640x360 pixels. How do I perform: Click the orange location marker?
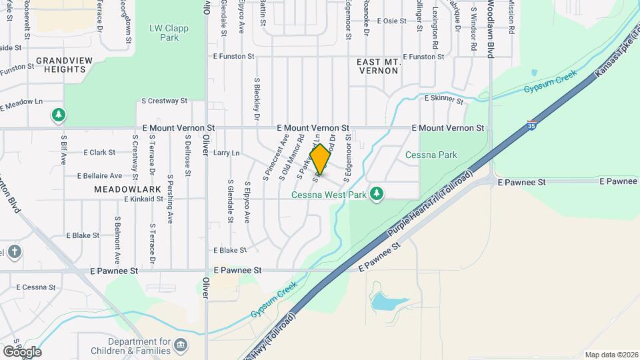pyautogui.click(x=321, y=160)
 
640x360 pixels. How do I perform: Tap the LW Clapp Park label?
pyautogui.click(x=169, y=33)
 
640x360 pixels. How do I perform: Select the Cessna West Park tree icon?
pyautogui.click(x=377, y=194)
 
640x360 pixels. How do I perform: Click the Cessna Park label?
pyautogui.click(x=431, y=155)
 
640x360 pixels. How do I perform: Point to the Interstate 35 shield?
pyautogui.click(x=531, y=125)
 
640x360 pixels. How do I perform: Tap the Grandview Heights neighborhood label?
pyautogui.click(x=64, y=65)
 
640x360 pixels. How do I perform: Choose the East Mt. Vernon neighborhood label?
pyautogui.click(x=378, y=66)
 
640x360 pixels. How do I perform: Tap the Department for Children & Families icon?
pyautogui.click(x=180, y=345)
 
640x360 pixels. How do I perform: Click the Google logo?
pyautogui.click(x=21, y=351)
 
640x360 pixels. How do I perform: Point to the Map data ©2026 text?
pyautogui.click(x=610, y=355)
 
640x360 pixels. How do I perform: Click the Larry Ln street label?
pyautogui.click(x=226, y=153)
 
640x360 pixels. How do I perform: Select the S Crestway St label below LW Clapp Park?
pyautogui.click(x=164, y=101)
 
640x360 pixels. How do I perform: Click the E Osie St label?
pyautogui.click(x=391, y=21)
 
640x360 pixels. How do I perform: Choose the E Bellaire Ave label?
pyautogui.click(x=99, y=176)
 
